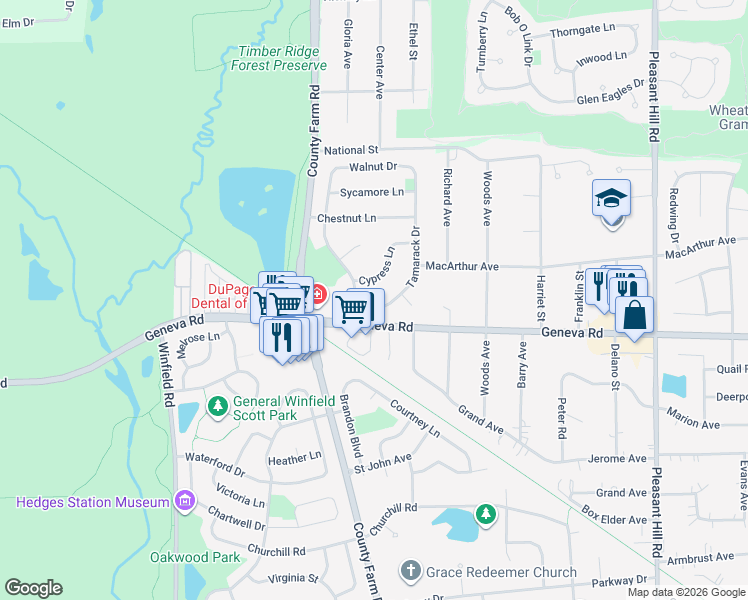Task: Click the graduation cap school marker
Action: pos(611,199)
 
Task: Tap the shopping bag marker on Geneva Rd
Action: pos(634,316)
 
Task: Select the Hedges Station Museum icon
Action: pos(183,500)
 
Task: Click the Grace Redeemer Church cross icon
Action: pos(409,571)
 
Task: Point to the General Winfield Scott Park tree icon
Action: pos(217,406)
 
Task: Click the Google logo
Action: pos(33,588)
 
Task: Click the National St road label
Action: pos(351,149)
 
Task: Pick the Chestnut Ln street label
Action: pos(346,218)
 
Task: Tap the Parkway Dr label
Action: pos(619,581)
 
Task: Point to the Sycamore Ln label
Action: pos(372,191)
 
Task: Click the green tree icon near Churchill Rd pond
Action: pos(485,514)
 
